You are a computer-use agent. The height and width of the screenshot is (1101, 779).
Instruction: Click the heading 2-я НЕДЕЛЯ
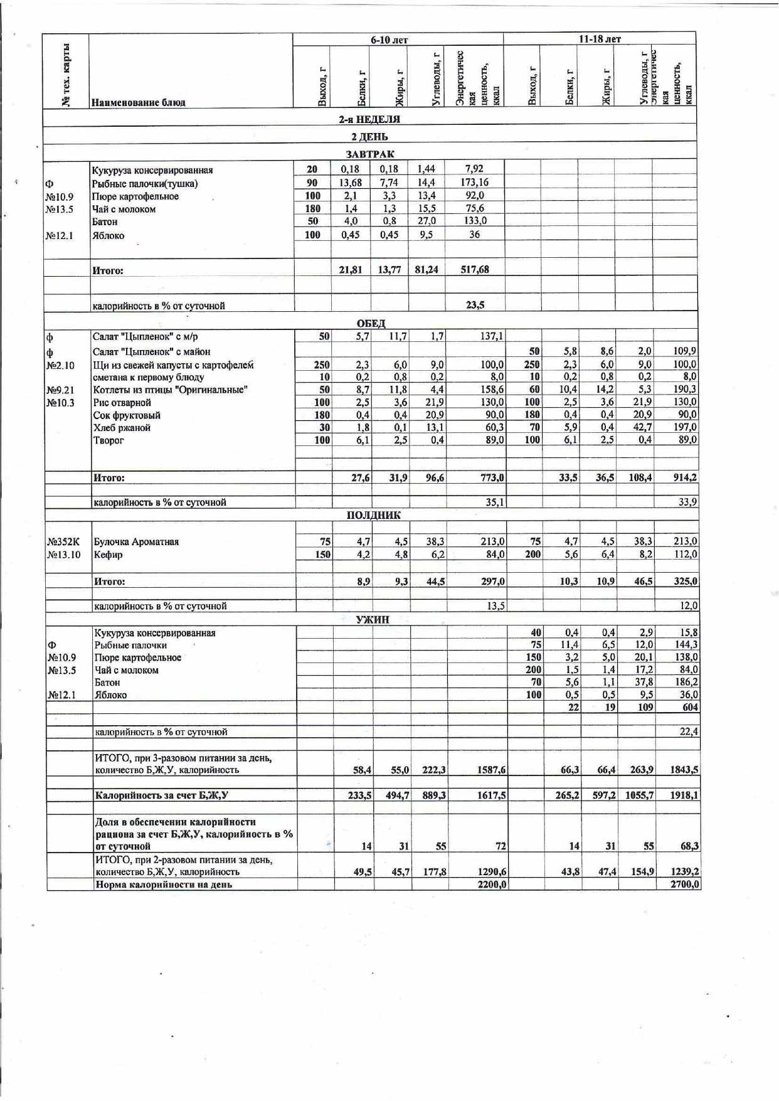click(369, 119)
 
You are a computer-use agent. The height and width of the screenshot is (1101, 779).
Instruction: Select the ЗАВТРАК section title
click(370, 154)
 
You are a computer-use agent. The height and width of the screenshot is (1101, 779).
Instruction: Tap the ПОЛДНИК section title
click(374, 515)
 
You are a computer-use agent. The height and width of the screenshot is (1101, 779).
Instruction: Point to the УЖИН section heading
click(373, 620)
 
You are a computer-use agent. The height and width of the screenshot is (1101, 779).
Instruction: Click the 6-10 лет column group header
click(389, 40)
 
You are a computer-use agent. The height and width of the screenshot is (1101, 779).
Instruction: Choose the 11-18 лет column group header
click(599, 39)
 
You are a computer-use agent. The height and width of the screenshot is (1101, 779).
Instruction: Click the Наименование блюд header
click(138, 102)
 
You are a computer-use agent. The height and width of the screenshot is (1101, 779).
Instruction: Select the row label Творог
click(109, 440)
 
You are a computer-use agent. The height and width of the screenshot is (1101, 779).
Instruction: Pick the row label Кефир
click(108, 555)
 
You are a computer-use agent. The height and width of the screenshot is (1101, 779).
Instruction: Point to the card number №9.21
click(60, 390)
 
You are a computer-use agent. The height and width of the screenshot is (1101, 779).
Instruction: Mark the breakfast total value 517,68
click(475, 270)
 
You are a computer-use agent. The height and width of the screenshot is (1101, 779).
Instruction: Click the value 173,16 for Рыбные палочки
click(474, 183)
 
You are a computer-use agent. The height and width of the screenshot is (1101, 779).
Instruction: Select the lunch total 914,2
click(685, 477)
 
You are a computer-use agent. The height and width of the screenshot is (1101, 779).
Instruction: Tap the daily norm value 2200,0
click(493, 885)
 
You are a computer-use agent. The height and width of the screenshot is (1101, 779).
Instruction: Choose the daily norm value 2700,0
click(685, 885)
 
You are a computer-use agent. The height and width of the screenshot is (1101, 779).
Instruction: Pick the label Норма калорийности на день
click(163, 885)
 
